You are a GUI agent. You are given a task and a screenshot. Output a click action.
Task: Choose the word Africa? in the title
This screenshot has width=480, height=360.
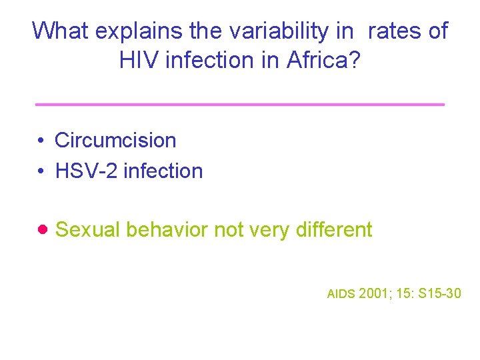(x=324, y=60)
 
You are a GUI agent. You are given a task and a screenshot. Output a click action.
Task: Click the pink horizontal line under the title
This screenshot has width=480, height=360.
(x=239, y=105)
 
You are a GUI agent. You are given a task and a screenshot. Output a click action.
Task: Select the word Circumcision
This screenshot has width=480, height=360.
(x=115, y=141)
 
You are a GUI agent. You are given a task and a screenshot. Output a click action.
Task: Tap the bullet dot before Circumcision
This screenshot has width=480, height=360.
(x=41, y=141)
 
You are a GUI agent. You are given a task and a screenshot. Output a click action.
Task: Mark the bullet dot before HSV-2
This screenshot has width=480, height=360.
(x=41, y=172)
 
